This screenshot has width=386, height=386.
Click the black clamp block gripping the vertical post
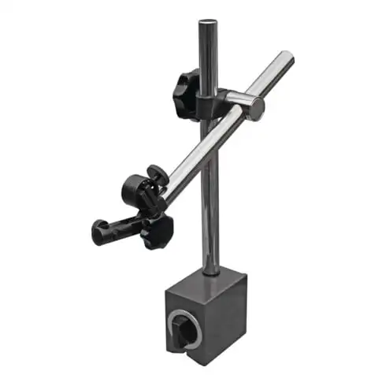tap(214, 101)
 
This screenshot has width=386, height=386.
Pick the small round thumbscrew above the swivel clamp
tap(154, 172)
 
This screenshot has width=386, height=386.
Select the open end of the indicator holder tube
tap(98, 232)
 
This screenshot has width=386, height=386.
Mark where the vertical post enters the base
tap(210, 272)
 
